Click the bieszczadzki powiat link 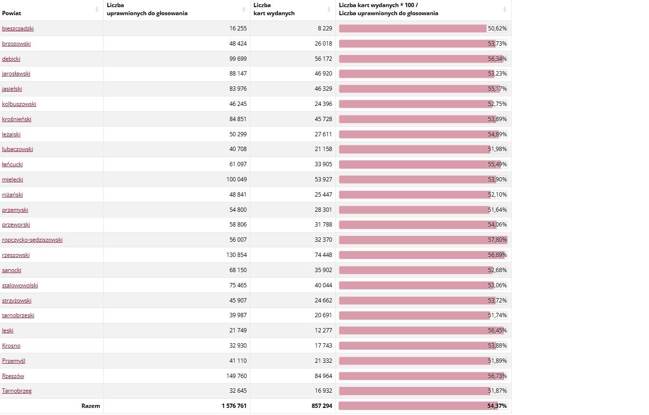click(18, 28)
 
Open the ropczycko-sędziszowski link click(32, 240)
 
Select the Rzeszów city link click(13, 376)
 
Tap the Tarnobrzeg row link click(17, 391)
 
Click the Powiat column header click(11, 13)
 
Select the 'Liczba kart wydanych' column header click(274, 9)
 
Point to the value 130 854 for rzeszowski click(236, 255)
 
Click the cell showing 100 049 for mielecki click(236, 179)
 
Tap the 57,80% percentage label click(497, 240)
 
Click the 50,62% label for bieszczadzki click(497, 28)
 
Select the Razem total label click(90, 406)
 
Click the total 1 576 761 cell click(234, 406)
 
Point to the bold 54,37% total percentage click(497, 406)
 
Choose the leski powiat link click(8, 330)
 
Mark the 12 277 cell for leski click(323, 330)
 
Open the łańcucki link click(12, 164)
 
